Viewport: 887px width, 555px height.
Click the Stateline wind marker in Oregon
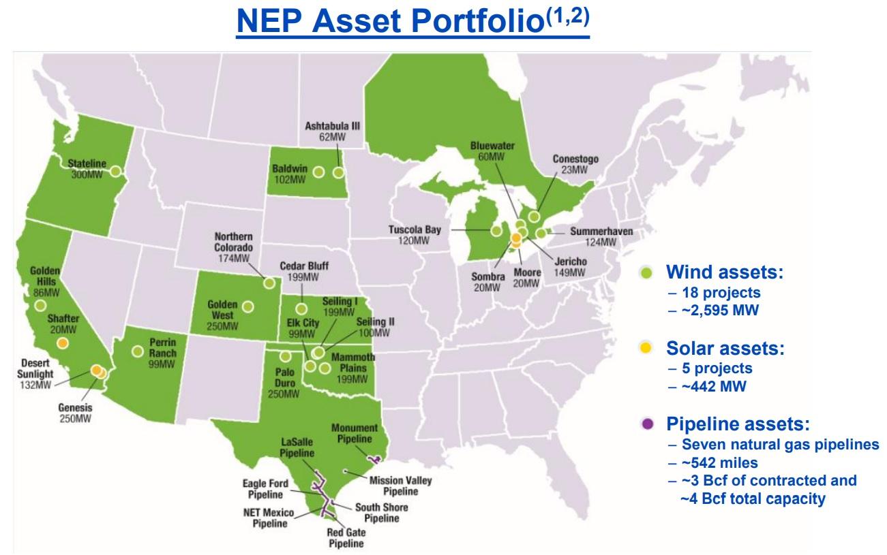coord(115,172)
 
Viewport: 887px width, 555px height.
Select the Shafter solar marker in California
coord(63,343)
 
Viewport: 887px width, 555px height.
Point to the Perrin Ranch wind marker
coord(138,351)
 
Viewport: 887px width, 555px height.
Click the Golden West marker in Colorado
coord(248,306)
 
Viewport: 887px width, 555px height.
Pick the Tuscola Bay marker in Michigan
coord(496,231)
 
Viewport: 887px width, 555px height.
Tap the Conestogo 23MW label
coord(575,164)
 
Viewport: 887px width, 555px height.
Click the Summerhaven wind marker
coord(541,234)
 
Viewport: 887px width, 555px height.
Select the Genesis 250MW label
coord(75,413)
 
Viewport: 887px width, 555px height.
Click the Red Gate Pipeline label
coord(346,537)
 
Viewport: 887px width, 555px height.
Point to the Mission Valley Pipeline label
coord(400,486)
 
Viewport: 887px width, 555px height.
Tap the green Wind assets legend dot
coord(646,272)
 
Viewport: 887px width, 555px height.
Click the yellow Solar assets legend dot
coord(646,348)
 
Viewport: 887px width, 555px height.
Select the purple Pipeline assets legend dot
coord(648,424)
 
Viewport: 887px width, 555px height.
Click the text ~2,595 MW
coord(720,310)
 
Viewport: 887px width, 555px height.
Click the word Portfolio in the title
coord(477,20)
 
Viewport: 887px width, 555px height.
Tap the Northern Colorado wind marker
coord(269,283)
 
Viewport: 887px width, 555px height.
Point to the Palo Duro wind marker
coord(286,356)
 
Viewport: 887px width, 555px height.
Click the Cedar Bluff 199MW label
coord(304,271)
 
